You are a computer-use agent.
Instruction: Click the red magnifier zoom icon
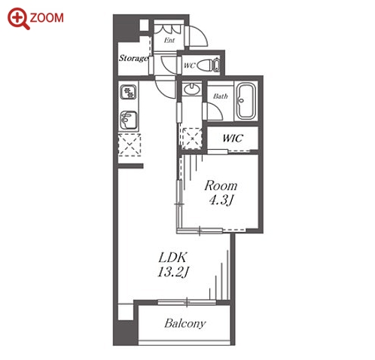[18, 18]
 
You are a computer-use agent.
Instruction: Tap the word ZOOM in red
[47, 18]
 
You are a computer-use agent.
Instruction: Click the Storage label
[133, 58]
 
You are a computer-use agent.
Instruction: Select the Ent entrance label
[169, 40]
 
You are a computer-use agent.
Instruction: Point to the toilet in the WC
[209, 65]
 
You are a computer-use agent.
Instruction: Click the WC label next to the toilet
[189, 66]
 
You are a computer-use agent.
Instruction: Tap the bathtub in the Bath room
[246, 102]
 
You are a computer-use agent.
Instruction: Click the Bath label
[221, 96]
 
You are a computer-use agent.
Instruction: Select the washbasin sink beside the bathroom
[191, 89]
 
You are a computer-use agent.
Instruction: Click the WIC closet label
[233, 139]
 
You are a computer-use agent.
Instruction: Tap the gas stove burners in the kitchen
[129, 92]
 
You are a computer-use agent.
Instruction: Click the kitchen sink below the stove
[129, 121]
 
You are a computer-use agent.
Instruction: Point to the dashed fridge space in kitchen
[130, 145]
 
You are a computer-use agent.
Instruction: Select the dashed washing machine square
[192, 138]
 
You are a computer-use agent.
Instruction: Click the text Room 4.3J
[221, 193]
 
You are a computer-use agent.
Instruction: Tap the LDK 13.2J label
[173, 264]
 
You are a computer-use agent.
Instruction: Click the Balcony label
[185, 323]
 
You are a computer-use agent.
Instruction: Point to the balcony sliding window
[187, 302]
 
